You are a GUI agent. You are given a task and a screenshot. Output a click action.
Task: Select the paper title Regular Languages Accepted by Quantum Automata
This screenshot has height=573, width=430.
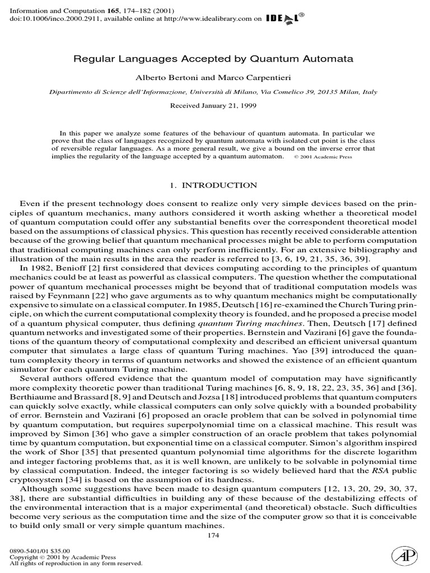click(214, 58)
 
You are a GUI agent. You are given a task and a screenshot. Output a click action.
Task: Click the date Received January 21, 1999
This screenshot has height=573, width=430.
click(214, 106)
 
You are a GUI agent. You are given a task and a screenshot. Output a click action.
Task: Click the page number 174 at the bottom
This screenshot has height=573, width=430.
click(213, 536)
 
